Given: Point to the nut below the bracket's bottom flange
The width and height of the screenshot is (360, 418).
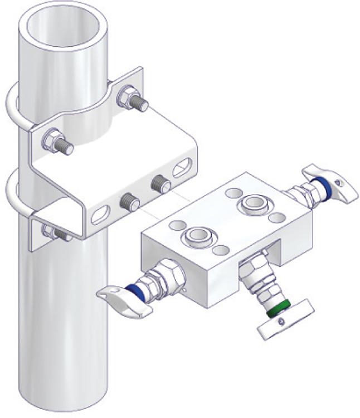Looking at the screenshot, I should coord(53,230).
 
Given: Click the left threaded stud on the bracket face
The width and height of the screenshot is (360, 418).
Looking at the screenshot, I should coord(129,201).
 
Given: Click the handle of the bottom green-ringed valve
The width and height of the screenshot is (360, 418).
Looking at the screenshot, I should coord(285,320).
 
